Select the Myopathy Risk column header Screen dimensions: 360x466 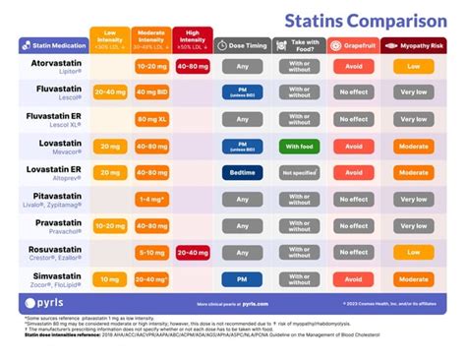[x=414, y=46]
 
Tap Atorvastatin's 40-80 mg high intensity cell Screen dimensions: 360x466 [x=192, y=67]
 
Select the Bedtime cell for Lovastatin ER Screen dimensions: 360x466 [x=241, y=174]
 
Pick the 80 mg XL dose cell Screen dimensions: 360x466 [x=150, y=120]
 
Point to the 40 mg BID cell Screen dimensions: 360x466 [x=150, y=93]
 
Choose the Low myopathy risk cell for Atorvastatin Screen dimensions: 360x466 [x=414, y=67]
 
